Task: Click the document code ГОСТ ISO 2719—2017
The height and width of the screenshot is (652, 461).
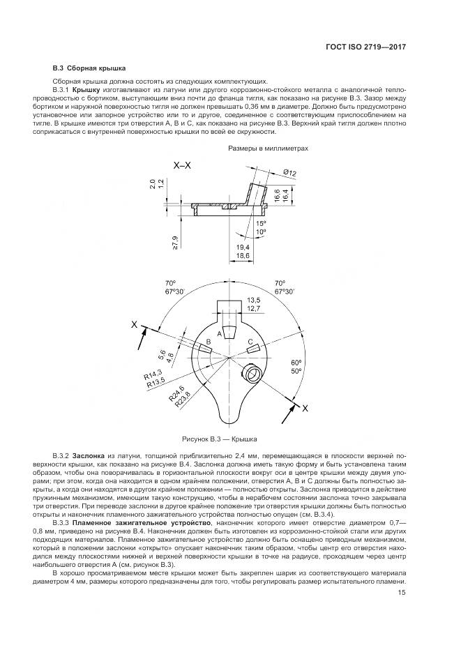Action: pyautogui.click(x=366, y=47)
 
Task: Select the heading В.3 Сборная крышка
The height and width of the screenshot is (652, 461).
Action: pyautogui.click(x=89, y=69)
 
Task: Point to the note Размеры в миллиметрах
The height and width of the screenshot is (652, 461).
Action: pyautogui.click(x=268, y=149)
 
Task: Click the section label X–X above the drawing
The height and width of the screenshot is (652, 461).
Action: pyautogui.click(x=183, y=165)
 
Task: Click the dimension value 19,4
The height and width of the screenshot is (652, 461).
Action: pyautogui.click(x=242, y=248)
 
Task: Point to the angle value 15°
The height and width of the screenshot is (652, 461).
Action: pyautogui.click(x=261, y=223)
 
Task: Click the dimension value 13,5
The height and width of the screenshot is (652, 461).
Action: pyautogui.click(x=254, y=301)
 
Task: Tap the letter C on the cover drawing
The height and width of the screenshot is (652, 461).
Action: pyautogui.click(x=249, y=340)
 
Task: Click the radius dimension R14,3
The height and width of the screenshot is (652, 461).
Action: pyautogui.click(x=153, y=373)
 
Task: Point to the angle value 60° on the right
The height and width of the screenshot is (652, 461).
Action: pyautogui.click(x=296, y=363)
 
